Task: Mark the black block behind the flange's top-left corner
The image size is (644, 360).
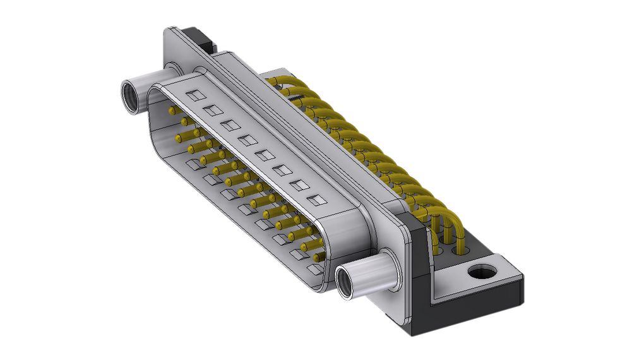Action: point(203,40)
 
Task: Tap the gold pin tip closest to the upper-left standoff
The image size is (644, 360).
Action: point(171,110)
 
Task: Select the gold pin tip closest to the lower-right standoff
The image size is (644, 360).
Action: point(316,257)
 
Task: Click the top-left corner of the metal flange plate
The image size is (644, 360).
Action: point(169,32)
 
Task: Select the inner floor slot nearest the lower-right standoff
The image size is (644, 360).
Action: point(314,269)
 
